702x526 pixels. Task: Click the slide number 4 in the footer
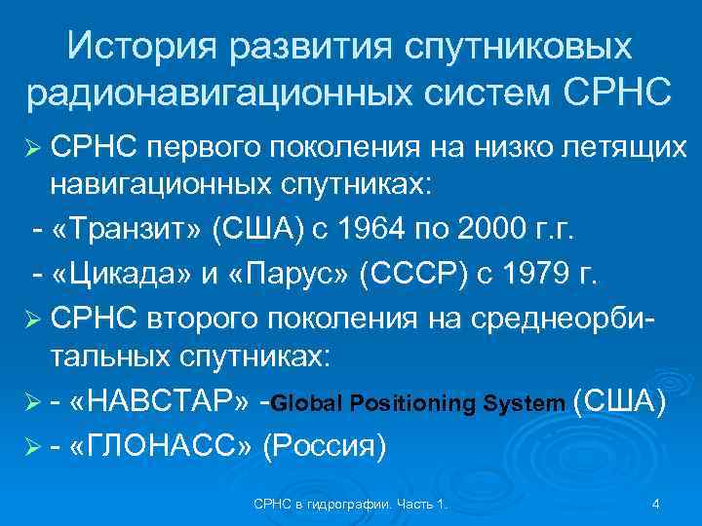[655, 504]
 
